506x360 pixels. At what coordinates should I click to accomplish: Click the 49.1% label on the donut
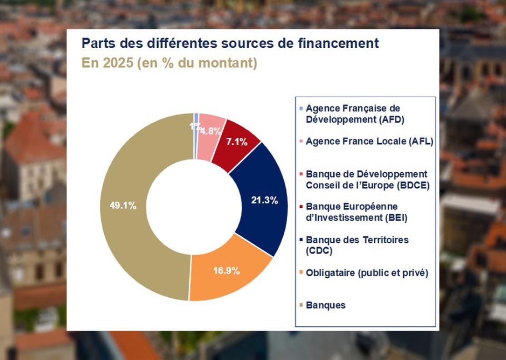[123, 205]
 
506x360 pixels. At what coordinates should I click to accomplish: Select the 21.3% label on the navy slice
[264, 200]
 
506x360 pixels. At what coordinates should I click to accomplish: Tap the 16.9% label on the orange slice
[226, 271]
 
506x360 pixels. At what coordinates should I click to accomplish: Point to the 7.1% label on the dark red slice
[237, 142]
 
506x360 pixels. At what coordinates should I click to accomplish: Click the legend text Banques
[326, 305]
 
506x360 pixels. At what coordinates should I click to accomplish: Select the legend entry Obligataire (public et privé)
[367, 273]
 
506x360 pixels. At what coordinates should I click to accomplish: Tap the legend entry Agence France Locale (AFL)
[369, 141]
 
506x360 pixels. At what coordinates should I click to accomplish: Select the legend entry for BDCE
[367, 179]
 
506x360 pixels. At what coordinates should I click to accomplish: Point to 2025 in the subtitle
[115, 63]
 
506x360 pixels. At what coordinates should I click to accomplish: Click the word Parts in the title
[96, 44]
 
